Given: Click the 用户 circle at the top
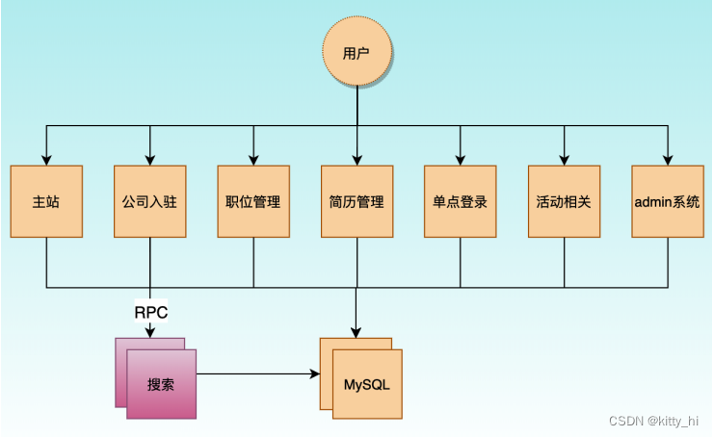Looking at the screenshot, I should (356, 52).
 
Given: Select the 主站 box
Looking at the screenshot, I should (46, 202).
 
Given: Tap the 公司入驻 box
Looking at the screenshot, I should (149, 202).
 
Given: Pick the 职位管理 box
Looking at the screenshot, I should (253, 202).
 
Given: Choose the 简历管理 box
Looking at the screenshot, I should (356, 202).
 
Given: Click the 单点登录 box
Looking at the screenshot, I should (461, 202).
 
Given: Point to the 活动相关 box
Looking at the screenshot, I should (564, 202).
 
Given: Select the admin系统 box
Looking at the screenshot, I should (668, 202).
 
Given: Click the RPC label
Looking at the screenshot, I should (150, 312).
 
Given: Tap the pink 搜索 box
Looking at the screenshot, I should (161, 384).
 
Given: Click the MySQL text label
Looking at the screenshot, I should (367, 385).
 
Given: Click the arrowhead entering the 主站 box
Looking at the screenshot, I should (46, 161).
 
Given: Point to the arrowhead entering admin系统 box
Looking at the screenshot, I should (668, 161).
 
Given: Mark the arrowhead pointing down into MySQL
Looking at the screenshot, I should (356, 332).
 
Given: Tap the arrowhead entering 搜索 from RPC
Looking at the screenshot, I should (150, 332).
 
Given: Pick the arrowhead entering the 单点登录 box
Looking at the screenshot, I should (461, 161).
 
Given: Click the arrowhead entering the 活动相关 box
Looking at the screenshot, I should (564, 161).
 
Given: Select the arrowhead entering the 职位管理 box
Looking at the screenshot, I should (253, 161).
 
